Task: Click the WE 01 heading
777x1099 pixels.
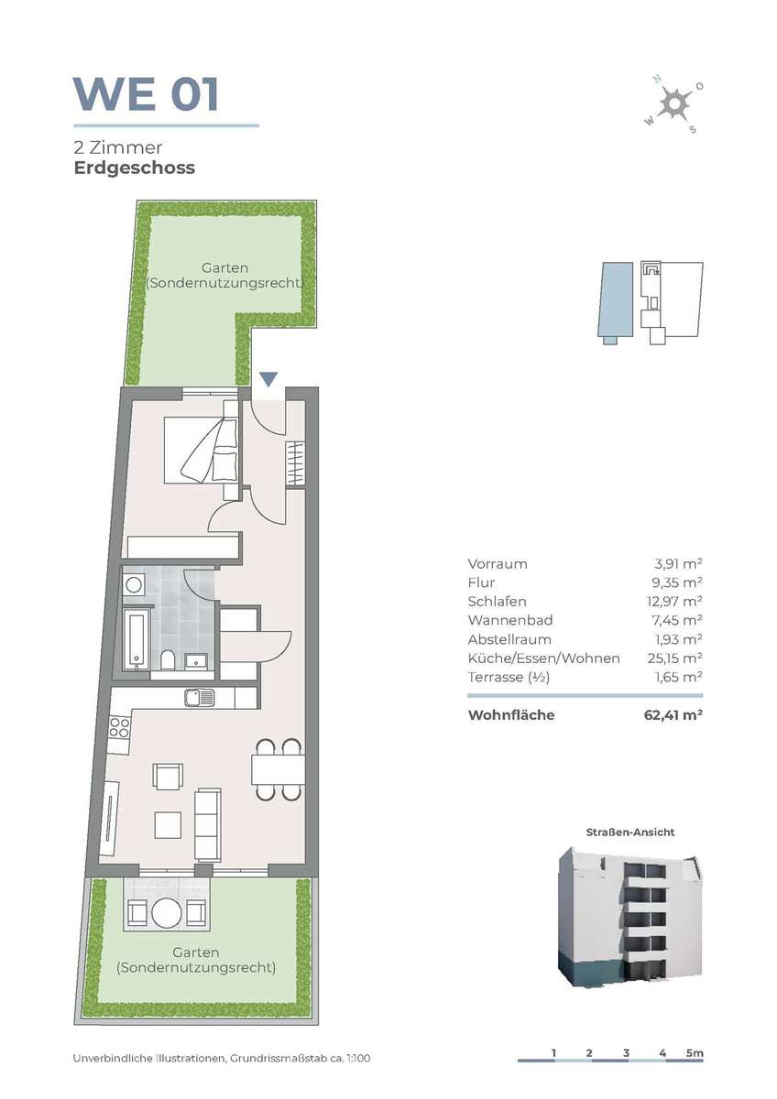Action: (x=146, y=94)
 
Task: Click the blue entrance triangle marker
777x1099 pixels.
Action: (x=268, y=379)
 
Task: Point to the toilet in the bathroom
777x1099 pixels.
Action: (x=168, y=660)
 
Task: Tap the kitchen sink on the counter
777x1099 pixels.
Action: (x=199, y=697)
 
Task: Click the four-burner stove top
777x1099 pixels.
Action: (x=119, y=727)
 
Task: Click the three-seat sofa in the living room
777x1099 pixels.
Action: (x=208, y=824)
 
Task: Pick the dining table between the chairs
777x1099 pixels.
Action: (x=278, y=770)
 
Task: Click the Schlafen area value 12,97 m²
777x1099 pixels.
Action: (x=674, y=602)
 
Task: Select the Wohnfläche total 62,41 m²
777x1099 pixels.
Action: (x=673, y=715)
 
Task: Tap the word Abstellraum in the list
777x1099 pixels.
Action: (x=509, y=639)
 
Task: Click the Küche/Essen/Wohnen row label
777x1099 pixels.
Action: (x=544, y=658)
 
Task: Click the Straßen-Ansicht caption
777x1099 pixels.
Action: (x=629, y=832)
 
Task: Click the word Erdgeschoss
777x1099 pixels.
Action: (x=135, y=168)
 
